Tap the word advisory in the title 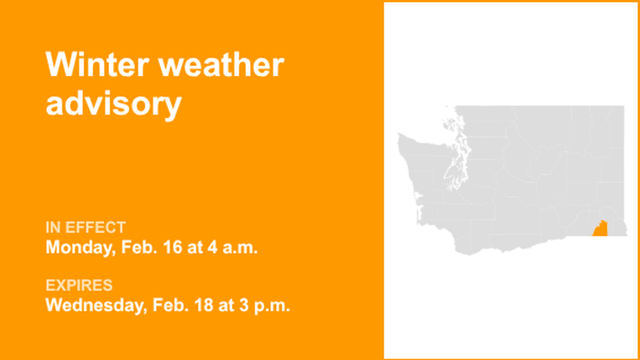tap(113, 104)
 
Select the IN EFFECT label tap(85, 227)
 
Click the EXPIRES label tap(79, 285)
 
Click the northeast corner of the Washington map tap(623, 107)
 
